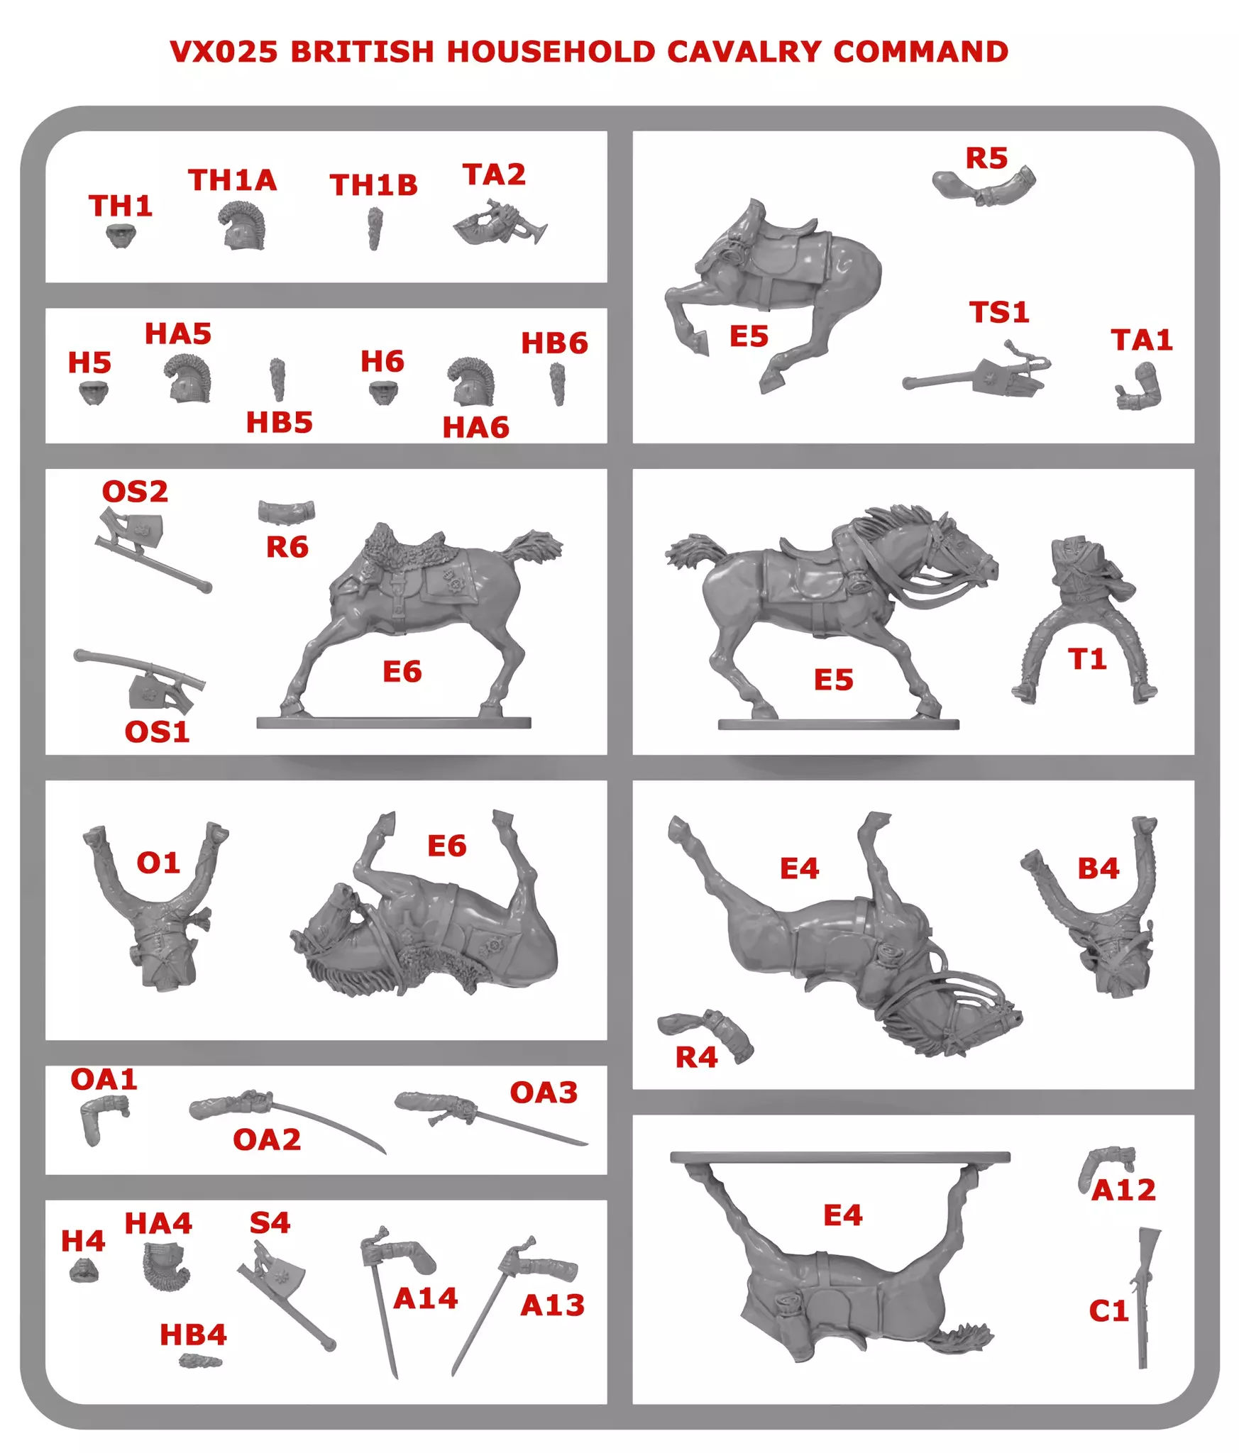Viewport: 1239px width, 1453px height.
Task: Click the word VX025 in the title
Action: tap(224, 52)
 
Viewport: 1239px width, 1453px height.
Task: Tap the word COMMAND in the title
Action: tap(920, 52)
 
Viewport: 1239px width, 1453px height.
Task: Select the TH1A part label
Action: tap(232, 180)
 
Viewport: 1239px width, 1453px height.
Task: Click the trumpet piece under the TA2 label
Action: tap(500, 223)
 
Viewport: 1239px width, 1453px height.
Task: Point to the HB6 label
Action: tap(554, 343)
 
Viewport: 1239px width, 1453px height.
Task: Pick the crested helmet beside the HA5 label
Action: tap(188, 378)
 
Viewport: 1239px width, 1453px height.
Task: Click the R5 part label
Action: tap(986, 158)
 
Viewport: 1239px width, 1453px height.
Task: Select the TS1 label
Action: tap(999, 312)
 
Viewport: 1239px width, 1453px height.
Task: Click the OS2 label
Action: tap(135, 492)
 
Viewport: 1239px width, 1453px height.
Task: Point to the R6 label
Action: tap(287, 547)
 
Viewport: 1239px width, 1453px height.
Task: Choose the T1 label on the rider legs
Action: tap(1087, 659)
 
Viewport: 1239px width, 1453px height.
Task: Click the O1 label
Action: tap(158, 863)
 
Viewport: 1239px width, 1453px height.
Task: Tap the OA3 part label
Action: tap(544, 1093)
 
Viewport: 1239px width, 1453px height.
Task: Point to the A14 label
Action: tap(426, 1298)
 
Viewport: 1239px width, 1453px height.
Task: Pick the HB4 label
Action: tap(193, 1335)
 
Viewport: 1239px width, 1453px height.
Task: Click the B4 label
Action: tap(1098, 868)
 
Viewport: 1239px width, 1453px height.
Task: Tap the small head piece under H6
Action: tap(383, 392)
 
